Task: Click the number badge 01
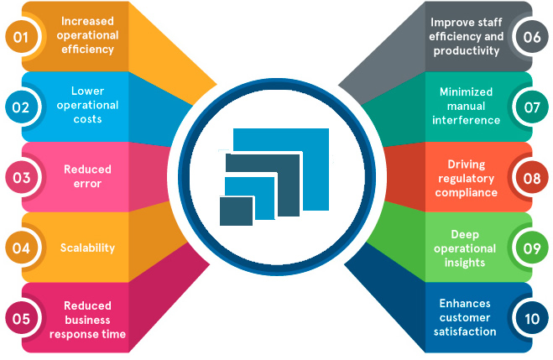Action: click(x=21, y=36)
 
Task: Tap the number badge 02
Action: click(x=21, y=107)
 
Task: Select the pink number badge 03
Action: click(x=21, y=177)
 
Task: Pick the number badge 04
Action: click(x=21, y=248)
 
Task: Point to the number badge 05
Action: click(x=21, y=318)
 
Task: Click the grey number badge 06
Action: click(x=531, y=36)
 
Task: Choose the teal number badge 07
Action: click(x=531, y=107)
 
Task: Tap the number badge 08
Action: click(x=531, y=177)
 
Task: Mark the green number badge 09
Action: click(x=531, y=248)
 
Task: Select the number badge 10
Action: click(x=531, y=318)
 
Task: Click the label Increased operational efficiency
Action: click(x=87, y=36)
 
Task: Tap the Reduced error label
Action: click(x=87, y=177)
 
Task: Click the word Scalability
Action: click(x=87, y=248)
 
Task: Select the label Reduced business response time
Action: click(x=87, y=319)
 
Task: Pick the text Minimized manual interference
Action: click(x=467, y=107)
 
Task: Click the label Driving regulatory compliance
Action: click(x=467, y=178)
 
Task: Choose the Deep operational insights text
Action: click(x=467, y=248)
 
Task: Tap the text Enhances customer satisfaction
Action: click(x=467, y=318)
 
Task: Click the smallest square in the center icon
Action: click(x=237, y=211)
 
